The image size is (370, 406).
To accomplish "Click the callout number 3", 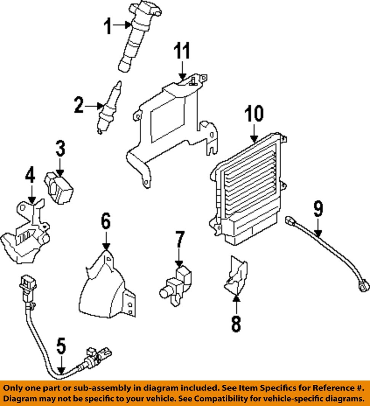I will [x=60, y=149].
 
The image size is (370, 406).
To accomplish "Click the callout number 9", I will [x=318, y=210].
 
